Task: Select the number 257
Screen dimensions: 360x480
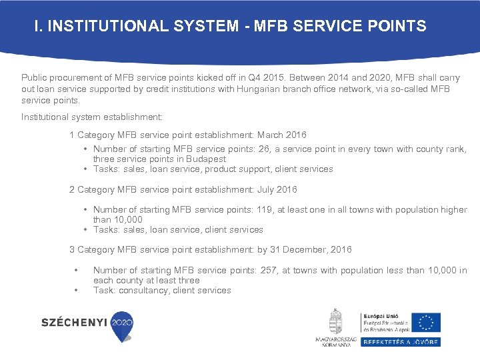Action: (285, 270)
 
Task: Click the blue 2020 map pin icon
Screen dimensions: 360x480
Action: (121, 325)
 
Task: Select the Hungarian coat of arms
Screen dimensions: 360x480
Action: (336, 321)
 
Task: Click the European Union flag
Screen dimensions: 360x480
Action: (425, 323)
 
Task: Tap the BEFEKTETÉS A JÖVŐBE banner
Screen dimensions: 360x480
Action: (401, 341)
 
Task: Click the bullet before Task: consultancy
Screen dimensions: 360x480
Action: (77, 290)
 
